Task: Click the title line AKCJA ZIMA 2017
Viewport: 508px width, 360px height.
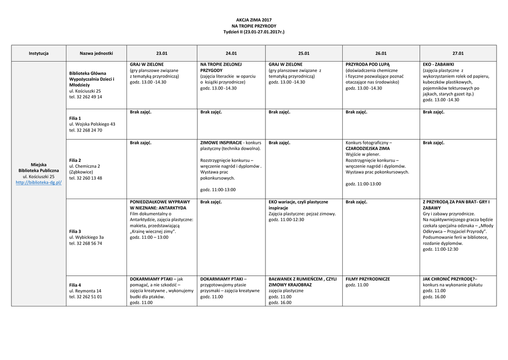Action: [x=254, y=19]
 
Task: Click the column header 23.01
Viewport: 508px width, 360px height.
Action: [x=162, y=53]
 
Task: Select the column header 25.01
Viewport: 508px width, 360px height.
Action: [x=304, y=53]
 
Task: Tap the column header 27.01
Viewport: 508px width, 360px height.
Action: [x=458, y=53]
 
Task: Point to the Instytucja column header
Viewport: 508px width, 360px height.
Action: [x=39, y=53]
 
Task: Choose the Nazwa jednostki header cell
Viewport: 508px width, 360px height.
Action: [x=96, y=53]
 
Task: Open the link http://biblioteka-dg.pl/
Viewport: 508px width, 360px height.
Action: [x=39, y=183]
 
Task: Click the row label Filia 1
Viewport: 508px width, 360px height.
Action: [x=75, y=118]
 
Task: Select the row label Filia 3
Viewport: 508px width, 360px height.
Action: [x=75, y=231]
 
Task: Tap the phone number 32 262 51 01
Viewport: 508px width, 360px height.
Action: [x=90, y=297]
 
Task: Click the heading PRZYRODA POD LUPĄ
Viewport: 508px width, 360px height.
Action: [x=368, y=65]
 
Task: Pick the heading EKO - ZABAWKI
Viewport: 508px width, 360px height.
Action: [x=438, y=65]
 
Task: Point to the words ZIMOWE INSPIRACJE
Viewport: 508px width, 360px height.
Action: [x=221, y=143]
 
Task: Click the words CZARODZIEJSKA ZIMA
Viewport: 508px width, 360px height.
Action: [x=368, y=148]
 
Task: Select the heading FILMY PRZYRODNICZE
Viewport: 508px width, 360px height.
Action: [x=368, y=279]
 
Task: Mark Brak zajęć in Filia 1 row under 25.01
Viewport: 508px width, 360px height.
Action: [x=279, y=112]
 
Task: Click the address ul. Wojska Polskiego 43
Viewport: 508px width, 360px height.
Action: [x=92, y=124]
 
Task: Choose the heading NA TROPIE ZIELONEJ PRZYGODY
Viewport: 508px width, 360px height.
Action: [x=221, y=68]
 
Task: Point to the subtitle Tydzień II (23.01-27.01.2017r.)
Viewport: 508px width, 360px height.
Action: [x=254, y=32]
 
